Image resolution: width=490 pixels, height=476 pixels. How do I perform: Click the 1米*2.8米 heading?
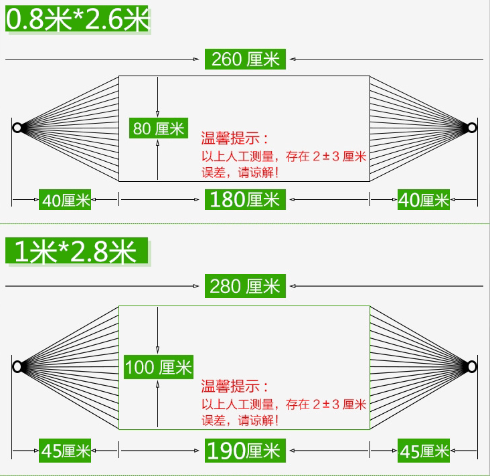(x=76, y=251)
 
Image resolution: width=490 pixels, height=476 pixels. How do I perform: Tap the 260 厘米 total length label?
(x=245, y=59)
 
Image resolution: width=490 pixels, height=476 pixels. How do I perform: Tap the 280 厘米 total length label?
(x=245, y=286)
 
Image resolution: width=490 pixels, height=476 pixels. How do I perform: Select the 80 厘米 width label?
(x=159, y=128)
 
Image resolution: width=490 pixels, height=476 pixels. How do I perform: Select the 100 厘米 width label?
(x=159, y=366)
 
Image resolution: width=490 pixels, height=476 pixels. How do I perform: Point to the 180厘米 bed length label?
(x=245, y=199)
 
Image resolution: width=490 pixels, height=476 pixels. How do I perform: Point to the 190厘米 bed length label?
(x=245, y=451)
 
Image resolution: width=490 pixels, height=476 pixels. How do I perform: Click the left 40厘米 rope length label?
(x=66, y=200)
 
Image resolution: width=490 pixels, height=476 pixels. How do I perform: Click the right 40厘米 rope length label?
(x=424, y=199)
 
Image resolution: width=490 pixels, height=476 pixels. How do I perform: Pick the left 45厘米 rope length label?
(x=66, y=451)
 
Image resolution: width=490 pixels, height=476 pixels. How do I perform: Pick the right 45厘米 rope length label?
(x=424, y=451)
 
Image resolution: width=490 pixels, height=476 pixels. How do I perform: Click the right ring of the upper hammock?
(x=473, y=128)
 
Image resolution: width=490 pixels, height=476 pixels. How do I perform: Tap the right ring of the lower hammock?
(x=473, y=366)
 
